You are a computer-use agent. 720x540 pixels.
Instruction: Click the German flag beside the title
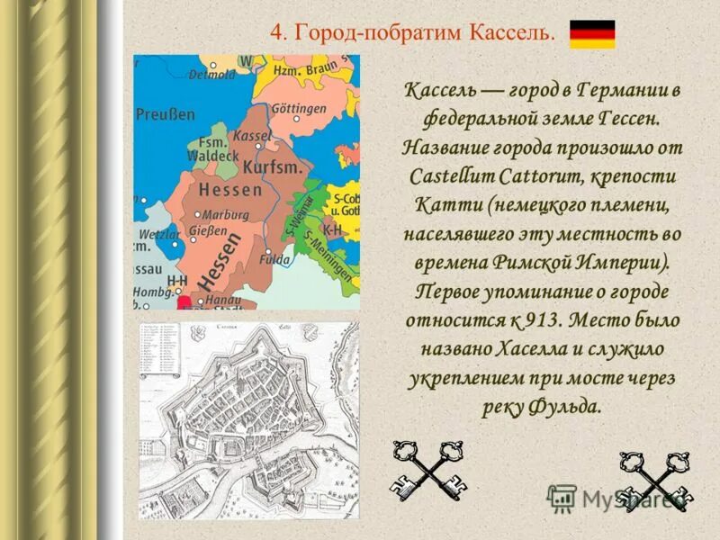592,34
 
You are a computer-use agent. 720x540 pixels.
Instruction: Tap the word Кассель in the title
508,33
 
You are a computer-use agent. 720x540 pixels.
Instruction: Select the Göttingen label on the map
298,109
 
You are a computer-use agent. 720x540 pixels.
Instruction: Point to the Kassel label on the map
252,135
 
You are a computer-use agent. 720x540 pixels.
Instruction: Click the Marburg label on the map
224,215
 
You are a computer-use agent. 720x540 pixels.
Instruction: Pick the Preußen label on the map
165,114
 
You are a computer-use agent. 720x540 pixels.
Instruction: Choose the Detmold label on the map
211,76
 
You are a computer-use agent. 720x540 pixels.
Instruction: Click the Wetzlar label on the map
159,234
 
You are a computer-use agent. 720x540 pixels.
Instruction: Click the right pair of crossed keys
653,477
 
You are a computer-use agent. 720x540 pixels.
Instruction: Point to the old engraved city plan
248,419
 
